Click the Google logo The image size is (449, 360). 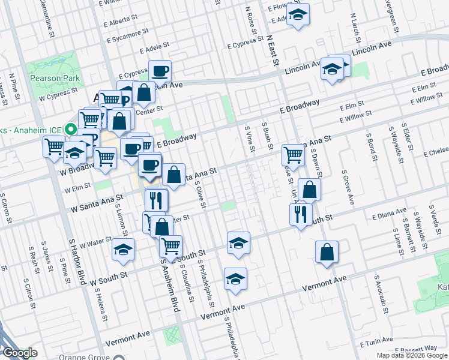pyautogui.click(x=20, y=353)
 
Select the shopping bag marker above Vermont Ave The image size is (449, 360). pyautogui.click(x=327, y=252)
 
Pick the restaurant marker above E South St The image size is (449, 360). pyautogui.click(x=300, y=214)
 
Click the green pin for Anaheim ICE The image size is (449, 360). pyautogui.click(x=70, y=129)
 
